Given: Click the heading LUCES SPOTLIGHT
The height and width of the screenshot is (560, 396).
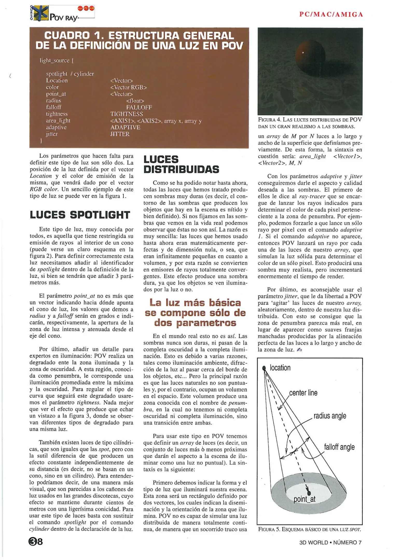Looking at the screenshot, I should (x=80, y=215).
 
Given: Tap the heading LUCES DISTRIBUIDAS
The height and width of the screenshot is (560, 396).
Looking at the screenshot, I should (x=181, y=164).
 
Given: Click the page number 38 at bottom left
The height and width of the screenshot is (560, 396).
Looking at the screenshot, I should (x=36, y=541).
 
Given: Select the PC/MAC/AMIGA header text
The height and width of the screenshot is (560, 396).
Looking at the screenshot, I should (x=331, y=15).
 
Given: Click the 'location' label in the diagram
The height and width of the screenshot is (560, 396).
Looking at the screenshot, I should (x=280, y=368).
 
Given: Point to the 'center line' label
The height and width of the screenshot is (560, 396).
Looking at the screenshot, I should (x=303, y=393).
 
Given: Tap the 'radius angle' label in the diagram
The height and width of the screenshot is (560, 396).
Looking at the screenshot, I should (x=330, y=416).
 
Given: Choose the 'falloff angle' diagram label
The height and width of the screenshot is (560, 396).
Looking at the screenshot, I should (x=339, y=447).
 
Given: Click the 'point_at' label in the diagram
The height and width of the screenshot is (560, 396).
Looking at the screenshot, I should (x=304, y=499).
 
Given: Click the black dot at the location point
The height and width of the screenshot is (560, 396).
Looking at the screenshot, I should (x=264, y=368).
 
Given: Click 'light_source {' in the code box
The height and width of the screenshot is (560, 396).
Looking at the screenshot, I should (x=57, y=60).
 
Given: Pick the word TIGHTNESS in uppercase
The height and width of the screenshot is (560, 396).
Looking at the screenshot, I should (x=127, y=114).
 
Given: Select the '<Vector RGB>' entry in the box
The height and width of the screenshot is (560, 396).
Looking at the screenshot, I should (x=128, y=87).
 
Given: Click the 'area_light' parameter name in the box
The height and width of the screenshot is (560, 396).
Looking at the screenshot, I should (x=58, y=121).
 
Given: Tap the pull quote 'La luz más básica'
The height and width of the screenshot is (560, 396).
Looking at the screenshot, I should (x=195, y=303).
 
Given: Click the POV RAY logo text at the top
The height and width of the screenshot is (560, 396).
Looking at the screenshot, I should (x=64, y=18).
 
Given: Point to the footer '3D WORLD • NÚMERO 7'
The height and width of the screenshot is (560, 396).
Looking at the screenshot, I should (x=330, y=542).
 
